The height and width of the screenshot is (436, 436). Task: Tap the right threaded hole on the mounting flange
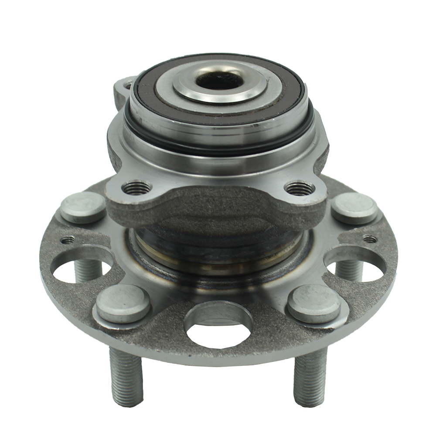tap(299, 188)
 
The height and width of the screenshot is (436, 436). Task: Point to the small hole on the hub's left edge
tap(68, 239)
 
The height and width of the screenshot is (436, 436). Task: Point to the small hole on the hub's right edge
tap(369, 239)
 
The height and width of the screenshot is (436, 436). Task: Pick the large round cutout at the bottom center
tap(218, 323)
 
